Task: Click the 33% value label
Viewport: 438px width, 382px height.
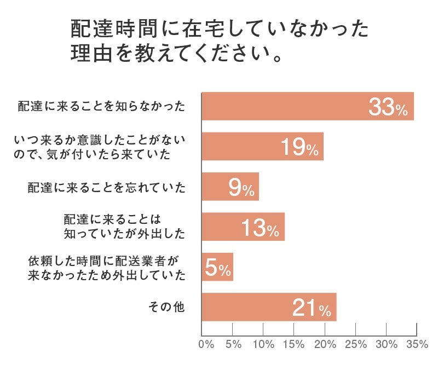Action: coord(388,107)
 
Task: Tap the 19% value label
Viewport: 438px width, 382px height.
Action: coord(299,147)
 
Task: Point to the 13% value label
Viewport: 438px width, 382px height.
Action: coord(261,228)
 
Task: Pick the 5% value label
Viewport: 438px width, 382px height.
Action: coord(218,268)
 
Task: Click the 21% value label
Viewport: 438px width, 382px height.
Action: coord(312,308)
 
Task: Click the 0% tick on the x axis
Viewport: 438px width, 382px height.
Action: coord(206,344)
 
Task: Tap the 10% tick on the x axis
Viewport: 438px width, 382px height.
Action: coord(263,344)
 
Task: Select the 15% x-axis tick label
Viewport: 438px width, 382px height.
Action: coord(294,344)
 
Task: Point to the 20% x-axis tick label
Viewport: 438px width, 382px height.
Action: coord(325,344)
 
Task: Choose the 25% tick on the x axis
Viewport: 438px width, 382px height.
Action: coord(355,344)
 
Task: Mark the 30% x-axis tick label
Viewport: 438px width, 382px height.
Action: coord(387,344)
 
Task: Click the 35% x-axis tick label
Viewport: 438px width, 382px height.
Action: coord(417,344)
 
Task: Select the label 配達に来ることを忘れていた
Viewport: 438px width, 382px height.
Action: coord(107,188)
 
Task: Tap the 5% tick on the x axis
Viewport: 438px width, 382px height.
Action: coord(233,344)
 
